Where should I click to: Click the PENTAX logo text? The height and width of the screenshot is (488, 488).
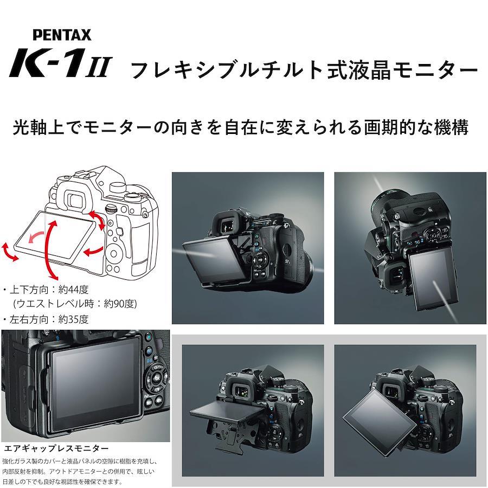tap(62, 35)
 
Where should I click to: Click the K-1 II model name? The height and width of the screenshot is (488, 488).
tap(60, 63)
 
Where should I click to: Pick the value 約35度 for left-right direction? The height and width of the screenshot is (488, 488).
tap(73, 319)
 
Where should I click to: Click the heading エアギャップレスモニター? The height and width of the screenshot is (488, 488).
tap(56, 448)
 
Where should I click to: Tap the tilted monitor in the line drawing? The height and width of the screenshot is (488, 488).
tap(55, 237)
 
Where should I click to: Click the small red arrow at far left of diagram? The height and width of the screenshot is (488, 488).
tap(9, 252)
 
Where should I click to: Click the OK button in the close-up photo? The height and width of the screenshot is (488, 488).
tap(157, 378)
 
